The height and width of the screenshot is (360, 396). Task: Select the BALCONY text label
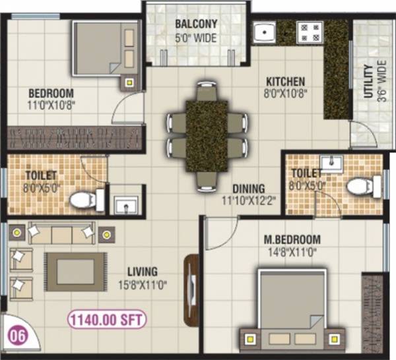196,24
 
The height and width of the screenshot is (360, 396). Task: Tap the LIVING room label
143,271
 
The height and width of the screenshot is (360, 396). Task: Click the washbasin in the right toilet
330,162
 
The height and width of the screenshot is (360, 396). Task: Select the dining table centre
207,135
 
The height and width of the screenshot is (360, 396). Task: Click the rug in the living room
74,270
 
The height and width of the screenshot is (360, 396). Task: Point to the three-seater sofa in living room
61,233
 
